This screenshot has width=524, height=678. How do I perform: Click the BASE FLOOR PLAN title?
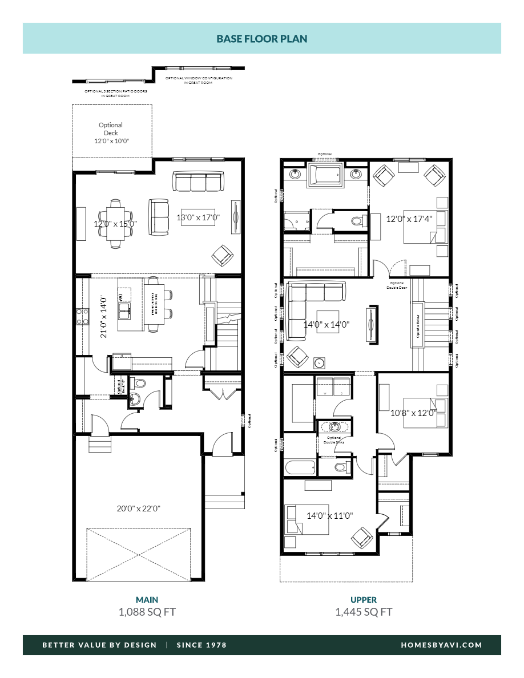261,39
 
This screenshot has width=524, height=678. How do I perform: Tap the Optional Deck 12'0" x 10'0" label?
111,133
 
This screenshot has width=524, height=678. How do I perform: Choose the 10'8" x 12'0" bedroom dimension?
413,412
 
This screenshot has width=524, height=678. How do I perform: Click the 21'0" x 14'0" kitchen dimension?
104,317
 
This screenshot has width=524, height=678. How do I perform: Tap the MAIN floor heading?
147,600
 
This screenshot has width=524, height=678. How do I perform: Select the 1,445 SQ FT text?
364,612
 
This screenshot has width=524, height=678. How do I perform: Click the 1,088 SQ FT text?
147,612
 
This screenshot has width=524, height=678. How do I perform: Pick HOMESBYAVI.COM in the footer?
442,645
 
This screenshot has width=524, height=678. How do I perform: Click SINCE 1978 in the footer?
201,645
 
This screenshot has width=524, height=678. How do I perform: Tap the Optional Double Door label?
397,285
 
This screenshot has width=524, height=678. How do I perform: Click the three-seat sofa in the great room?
197,183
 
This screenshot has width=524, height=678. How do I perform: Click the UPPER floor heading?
364,600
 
